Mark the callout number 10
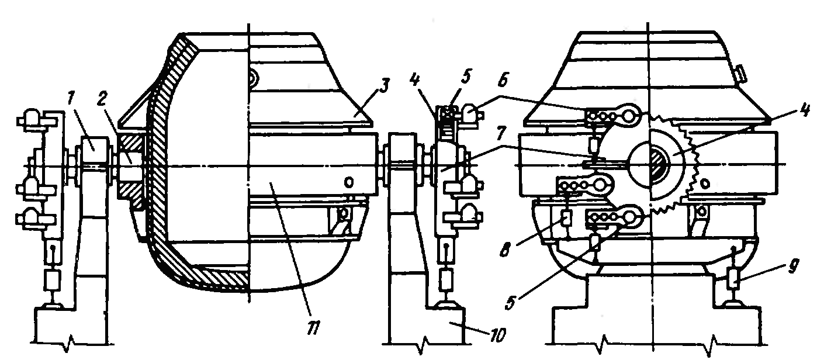click(497, 335)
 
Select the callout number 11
click(314, 327)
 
